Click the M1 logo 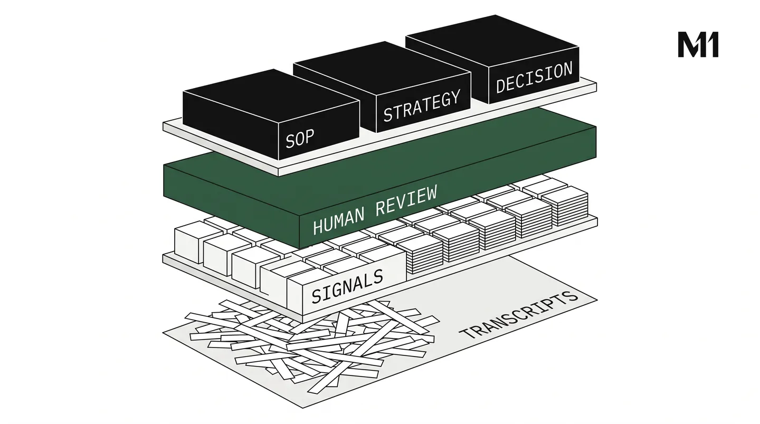pos(698,44)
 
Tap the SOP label pos(300,138)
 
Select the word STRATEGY pos(422,106)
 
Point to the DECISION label pos(534,78)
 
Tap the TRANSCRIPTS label pos(518,315)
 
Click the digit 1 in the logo pos(713,44)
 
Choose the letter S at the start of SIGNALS pos(317,295)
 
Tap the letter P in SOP pos(310,137)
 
